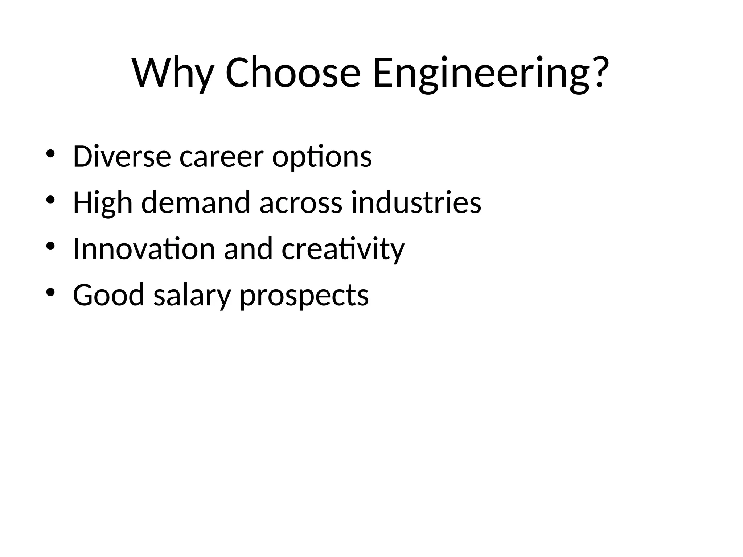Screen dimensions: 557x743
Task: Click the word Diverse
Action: [x=122, y=157]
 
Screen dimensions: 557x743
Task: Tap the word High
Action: [x=103, y=203]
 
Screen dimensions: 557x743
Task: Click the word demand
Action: [x=196, y=202]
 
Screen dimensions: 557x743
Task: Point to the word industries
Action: [x=416, y=202]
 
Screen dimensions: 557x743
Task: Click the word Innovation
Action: [x=144, y=249]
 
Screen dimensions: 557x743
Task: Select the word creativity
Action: [x=343, y=249]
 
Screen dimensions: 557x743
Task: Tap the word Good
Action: [x=109, y=295]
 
